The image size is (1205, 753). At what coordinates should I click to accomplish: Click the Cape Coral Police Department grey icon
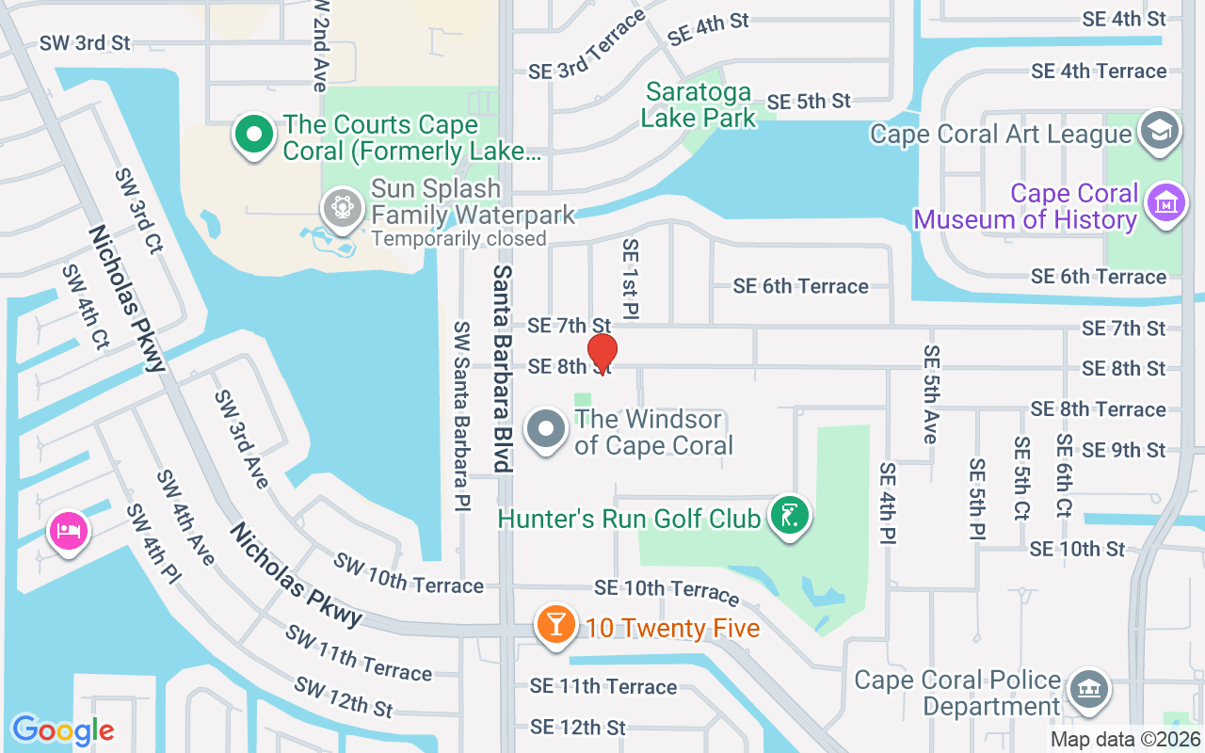click(1089, 692)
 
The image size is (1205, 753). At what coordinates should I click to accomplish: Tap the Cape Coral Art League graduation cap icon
click(1158, 133)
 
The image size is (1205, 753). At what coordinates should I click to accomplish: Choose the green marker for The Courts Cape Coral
click(253, 136)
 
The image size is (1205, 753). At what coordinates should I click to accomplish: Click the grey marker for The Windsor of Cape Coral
click(545, 430)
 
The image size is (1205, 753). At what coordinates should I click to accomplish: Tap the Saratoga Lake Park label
click(699, 104)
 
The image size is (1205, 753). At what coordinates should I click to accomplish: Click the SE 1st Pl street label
click(630, 277)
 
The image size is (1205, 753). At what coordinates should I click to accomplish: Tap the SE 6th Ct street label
click(1064, 475)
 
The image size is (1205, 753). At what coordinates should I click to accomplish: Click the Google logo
click(63, 729)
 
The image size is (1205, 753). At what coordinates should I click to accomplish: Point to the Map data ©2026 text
click(1124, 739)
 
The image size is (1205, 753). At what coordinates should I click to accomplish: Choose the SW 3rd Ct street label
click(138, 212)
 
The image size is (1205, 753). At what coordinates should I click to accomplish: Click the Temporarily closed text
click(458, 238)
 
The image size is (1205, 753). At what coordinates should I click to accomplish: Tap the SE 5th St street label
click(809, 101)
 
